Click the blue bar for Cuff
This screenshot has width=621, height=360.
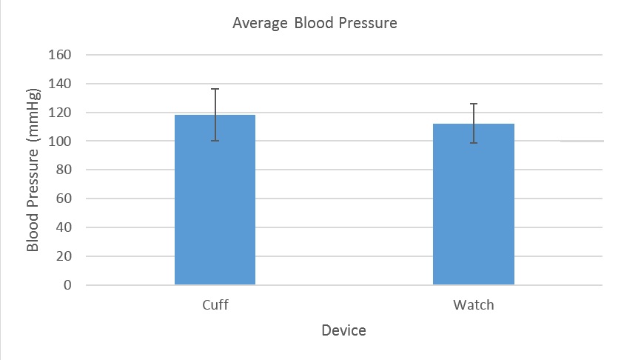215,200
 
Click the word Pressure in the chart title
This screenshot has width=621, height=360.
369,24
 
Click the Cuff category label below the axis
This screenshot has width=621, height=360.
215,305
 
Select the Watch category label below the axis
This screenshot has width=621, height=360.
474,305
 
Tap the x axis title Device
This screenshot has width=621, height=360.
343,330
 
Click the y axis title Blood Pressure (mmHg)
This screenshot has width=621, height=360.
33,170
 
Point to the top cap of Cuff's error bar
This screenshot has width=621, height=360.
215,89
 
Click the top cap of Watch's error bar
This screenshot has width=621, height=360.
474,104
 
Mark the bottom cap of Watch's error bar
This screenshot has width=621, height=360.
474,143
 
